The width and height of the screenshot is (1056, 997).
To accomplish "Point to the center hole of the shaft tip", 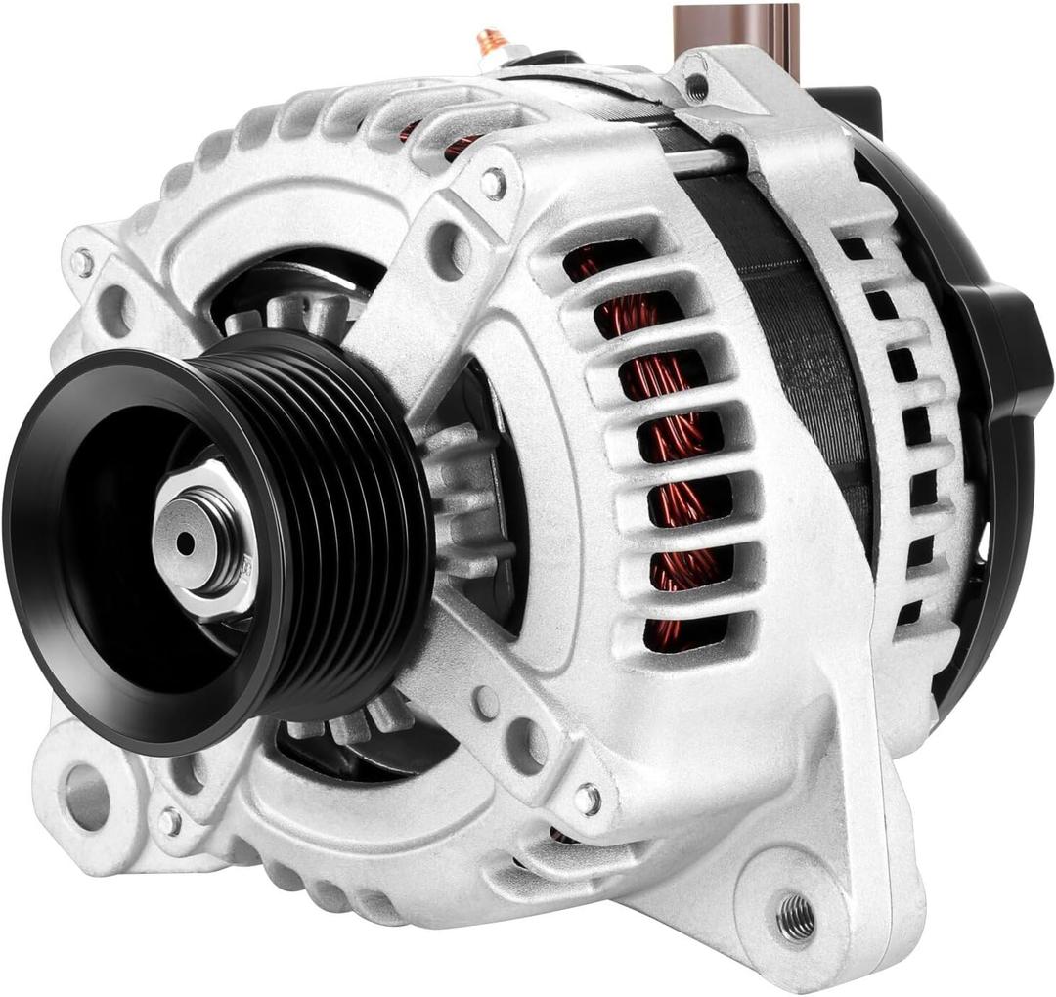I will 185,543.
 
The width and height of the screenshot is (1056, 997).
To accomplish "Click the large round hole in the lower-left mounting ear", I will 87,795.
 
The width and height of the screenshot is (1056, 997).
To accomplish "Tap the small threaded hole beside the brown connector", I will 696,88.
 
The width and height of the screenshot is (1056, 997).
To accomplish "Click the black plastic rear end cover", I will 1007,391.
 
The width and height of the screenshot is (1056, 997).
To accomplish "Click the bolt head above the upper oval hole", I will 493,182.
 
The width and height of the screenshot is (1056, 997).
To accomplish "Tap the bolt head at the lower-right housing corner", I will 587,800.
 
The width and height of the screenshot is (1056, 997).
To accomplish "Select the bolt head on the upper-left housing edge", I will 82,262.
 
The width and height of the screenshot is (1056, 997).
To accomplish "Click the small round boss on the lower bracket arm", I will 486,702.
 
